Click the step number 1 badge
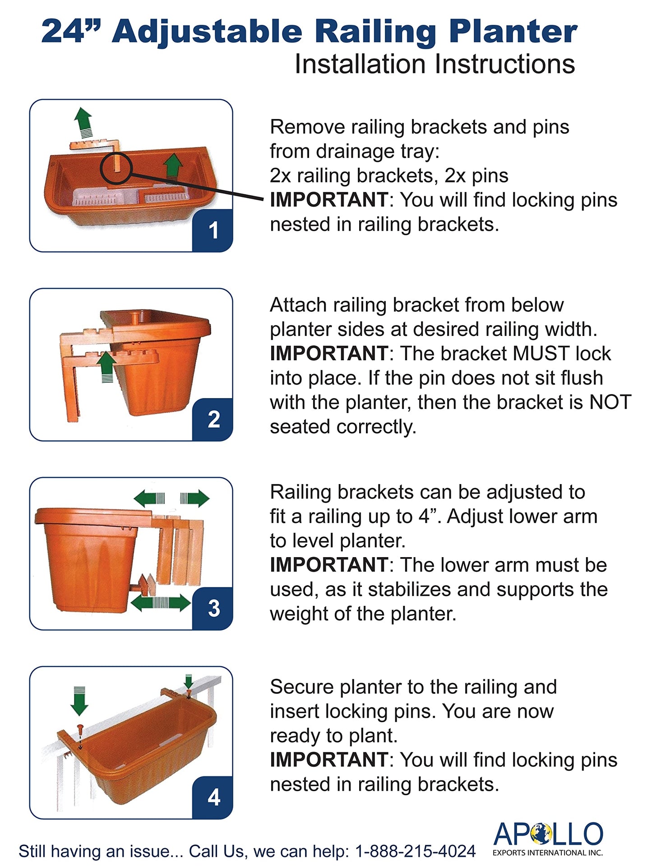pos(213,230)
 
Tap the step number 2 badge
pos(213,419)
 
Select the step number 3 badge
pos(213,608)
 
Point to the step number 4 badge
pos(213,797)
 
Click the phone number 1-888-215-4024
pos(416,851)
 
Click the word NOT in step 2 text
pos(610,403)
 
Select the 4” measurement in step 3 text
pos(429,516)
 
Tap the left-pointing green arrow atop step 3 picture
pos(149,498)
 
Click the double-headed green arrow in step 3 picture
pos(161,603)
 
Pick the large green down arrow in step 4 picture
pos(79,701)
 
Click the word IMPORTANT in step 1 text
pos(329,200)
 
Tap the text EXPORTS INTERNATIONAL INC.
pos(548,852)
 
